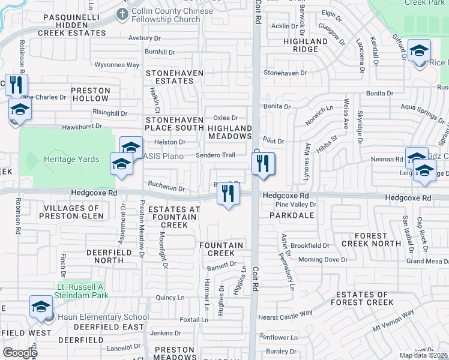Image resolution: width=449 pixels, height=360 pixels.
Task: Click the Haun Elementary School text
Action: pyautogui.click(x=103, y=317)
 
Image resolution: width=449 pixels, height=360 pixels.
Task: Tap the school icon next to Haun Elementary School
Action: pyautogui.click(x=41, y=307)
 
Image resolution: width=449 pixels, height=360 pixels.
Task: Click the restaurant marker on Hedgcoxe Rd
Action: pyautogui.click(x=228, y=193)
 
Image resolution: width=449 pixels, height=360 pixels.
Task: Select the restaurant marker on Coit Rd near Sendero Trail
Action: pyautogui.click(x=262, y=163)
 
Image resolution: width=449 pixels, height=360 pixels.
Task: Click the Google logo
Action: pyautogui.click(x=20, y=353)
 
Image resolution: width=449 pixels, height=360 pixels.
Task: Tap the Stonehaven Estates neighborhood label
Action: pyautogui.click(x=175, y=76)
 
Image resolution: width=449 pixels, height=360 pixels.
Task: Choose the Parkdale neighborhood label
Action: pyautogui.click(x=292, y=214)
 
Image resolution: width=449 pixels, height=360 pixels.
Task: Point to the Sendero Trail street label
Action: pyautogui.click(x=215, y=155)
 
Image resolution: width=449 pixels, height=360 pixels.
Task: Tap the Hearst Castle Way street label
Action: pyautogui.click(x=285, y=313)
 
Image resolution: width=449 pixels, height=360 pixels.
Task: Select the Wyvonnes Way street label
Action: pyautogui.click(x=117, y=64)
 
